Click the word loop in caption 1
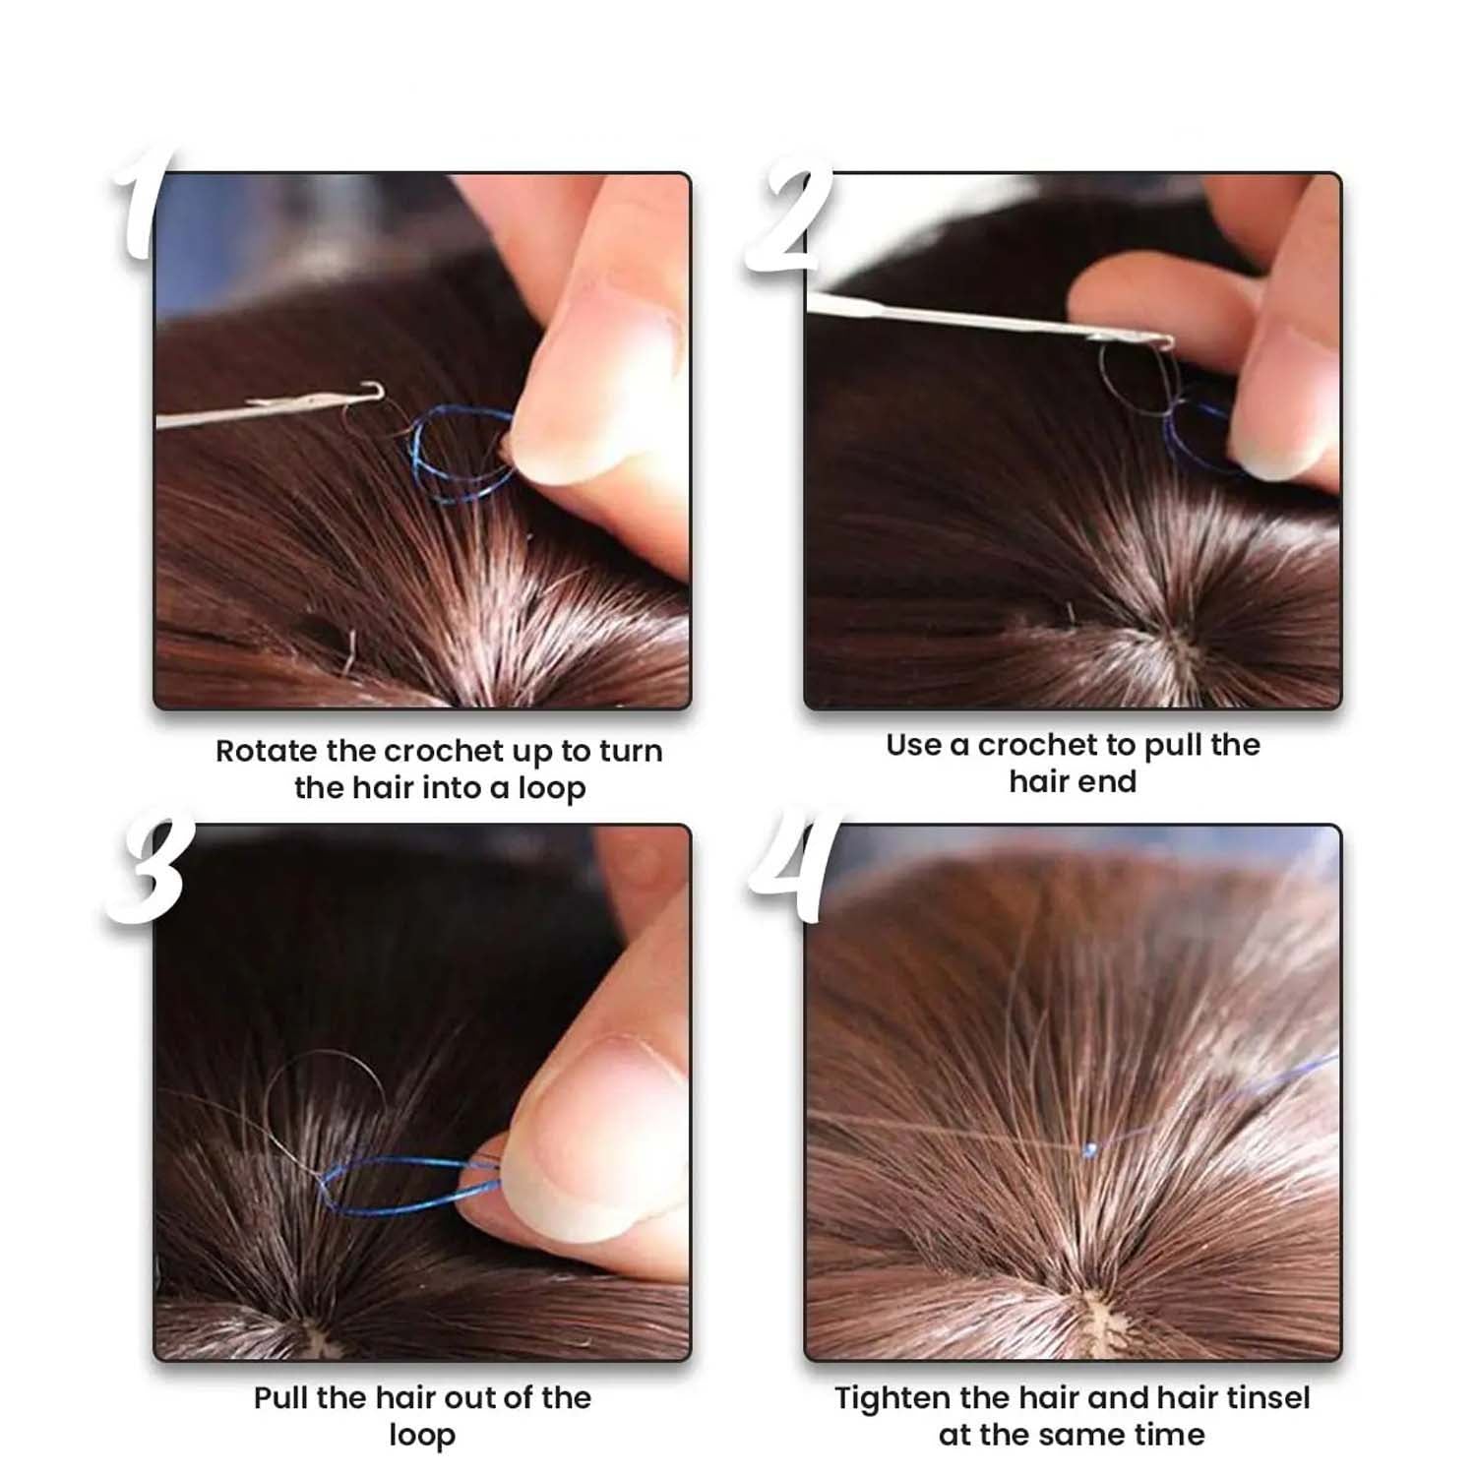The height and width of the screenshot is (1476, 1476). tap(552, 790)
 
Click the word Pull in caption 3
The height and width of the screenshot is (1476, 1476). tap(281, 1398)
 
